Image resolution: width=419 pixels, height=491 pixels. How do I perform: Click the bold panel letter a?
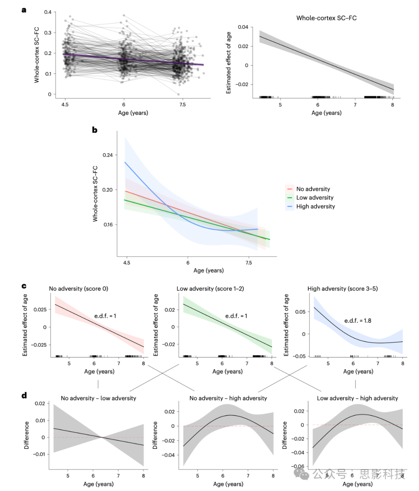pyautogui.click(x=24, y=10)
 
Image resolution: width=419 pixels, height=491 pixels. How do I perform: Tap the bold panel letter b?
pyautogui.click(x=95, y=130)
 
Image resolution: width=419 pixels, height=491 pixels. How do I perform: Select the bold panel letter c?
pyautogui.click(x=24, y=286)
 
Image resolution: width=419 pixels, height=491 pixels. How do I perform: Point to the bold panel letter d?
pyautogui.click(x=24, y=396)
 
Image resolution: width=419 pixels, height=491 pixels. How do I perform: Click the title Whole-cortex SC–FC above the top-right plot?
pyautogui.click(x=326, y=18)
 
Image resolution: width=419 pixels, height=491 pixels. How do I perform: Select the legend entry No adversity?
pyautogui.click(x=313, y=189)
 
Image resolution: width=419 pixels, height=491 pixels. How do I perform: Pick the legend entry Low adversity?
pyautogui.click(x=315, y=198)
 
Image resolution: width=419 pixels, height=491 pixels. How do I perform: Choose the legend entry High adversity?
pyautogui.click(x=315, y=206)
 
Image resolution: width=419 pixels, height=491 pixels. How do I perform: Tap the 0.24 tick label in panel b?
pyautogui.click(x=107, y=155)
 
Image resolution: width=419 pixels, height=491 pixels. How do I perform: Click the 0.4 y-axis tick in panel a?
pyautogui.click(x=47, y=12)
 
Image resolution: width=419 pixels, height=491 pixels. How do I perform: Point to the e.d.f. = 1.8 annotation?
pyautogui.click(x=358, y=321)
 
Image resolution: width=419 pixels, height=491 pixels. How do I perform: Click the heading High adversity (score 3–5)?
pyautogui.click(x=343, y=289)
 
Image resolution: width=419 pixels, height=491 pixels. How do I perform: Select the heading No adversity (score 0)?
pyautogui.click(x=78, y=289)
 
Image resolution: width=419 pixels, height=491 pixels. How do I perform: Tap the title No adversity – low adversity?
pyautogui.click(x=99, y=398)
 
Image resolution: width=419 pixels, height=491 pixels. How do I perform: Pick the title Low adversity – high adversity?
pyautogui.click(x=357, y=398)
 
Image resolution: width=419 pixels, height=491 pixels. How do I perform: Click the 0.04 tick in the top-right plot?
pyautogui.click(x=243, y=27)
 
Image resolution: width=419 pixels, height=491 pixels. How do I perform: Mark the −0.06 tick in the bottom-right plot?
pyautogui.click(x=298, y=467)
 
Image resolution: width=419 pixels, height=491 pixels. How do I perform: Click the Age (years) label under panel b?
pyautogui.click(x=208, y=270)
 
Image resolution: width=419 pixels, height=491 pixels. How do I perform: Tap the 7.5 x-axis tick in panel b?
pyautogui.click(x=249, y=263)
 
